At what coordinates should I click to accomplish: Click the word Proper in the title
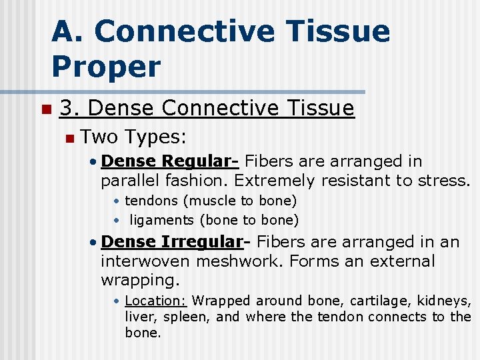click(106, 67)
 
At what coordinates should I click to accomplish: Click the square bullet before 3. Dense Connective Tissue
click(45, 109)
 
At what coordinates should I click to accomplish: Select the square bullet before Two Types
click(69, 138)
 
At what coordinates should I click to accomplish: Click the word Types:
click(155, 137)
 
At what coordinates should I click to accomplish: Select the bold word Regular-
click(201, 161)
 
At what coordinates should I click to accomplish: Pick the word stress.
click(446, 180)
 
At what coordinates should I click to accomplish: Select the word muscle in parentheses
click(215, 201)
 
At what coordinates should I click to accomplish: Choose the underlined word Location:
click(156, 301)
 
